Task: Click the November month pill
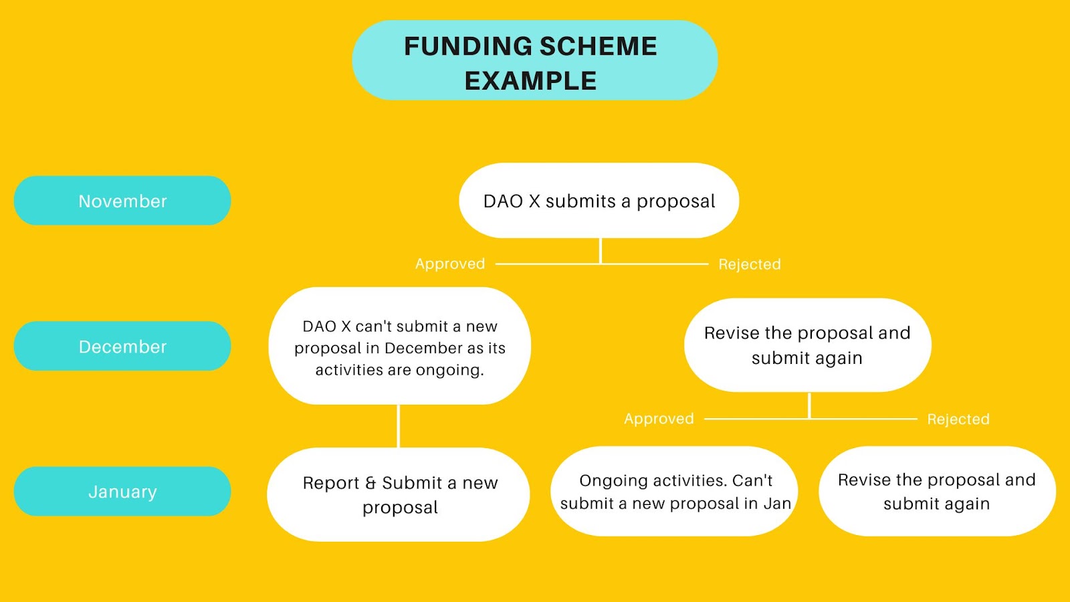point(122,201)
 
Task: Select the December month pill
point(122,346)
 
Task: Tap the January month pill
point(122,491)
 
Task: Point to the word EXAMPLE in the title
point(531,81)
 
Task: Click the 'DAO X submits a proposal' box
point(599,200)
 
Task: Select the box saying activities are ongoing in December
point(399,346)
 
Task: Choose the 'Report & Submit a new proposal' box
point(399,494)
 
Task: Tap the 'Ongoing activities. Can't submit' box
point(674,491)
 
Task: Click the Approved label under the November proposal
point(450,264)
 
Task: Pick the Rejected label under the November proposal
point(750,264)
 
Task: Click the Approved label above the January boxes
point(659,419)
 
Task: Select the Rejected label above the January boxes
point(958,419)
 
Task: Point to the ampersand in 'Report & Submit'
point(370,482)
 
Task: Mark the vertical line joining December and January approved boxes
point(398,426)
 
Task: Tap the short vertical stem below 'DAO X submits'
point(601,251)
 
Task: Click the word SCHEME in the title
point(599,46)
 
